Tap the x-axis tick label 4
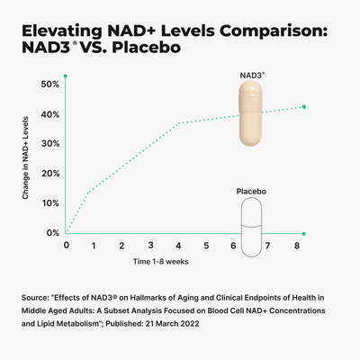pos(178,245)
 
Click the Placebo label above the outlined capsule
pos(251,192)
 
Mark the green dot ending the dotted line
pos(304,107)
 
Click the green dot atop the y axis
pos(66,77)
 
